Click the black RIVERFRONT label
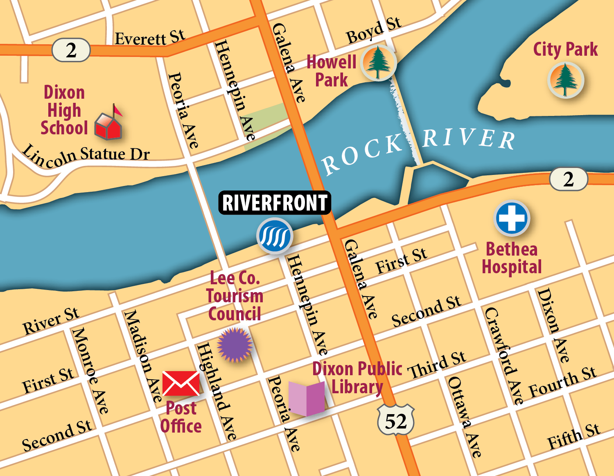tap(275, 202)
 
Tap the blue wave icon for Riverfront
tap(275, 236)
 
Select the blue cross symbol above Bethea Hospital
tap(512, 218)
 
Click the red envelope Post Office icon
tap(181, 383)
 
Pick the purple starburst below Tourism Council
tap(235, 345)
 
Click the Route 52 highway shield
tap(395, 420)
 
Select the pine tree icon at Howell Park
tap(378, 63)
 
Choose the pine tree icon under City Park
tap(566, 80)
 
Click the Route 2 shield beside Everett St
tap(71, 50)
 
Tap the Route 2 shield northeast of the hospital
tap(568, 179)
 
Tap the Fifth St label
tap(574, 437)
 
